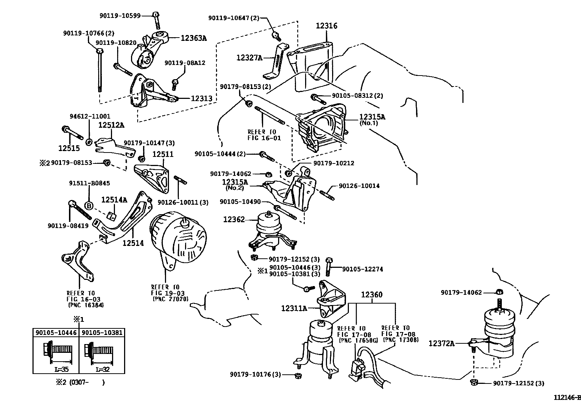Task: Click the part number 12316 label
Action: click(326, 26)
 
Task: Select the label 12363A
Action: click(193, 38)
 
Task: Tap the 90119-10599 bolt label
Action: click(120, 15)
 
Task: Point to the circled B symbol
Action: click(89, 206)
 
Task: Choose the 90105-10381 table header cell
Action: click(101, 332)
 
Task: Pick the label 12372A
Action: click(441, 343)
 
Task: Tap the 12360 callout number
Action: click(372, 295)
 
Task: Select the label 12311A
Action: click(294, 308)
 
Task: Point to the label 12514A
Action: click(114, 200)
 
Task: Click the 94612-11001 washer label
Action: click(90, 116)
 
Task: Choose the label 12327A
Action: click(249, 57)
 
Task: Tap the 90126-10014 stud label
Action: click(359, 186)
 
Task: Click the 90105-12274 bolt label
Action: click(362, 269)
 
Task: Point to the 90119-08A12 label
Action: click(185, 63)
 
